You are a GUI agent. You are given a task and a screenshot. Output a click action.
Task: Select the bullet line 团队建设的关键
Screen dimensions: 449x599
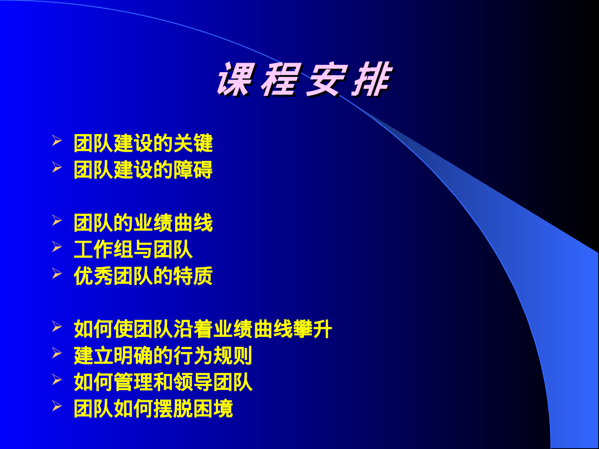tap(143, 143)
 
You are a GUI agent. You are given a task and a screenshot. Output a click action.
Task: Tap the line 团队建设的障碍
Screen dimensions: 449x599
tap(143, 170)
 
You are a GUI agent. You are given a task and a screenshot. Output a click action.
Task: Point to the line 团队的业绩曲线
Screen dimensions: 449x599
tap(143, 223)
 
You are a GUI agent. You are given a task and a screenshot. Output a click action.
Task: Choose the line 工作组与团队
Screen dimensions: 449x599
tap(133, 249)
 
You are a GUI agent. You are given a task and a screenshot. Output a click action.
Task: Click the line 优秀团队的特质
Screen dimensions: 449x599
tap(143, 276)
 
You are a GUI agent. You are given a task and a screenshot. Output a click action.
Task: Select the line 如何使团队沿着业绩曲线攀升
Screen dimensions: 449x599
tap(203, 329)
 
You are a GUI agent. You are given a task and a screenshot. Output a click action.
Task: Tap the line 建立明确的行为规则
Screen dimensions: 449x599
tap(163, 356)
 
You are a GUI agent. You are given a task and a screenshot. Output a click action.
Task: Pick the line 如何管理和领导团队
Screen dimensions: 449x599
tap(163, 382)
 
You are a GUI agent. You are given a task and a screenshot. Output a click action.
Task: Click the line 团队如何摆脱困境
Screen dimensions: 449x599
tap(153, 408)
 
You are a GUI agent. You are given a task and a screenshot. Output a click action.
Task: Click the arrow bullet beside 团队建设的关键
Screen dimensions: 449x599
tap(57, 140)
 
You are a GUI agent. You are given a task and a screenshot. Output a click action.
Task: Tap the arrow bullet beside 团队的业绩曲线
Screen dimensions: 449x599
tap(57, 220)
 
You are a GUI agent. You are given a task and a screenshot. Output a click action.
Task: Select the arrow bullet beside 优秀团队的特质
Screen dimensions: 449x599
tap(57, 273)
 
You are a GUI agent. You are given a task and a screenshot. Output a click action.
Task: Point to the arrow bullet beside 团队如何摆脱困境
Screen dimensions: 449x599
tap(57, 406)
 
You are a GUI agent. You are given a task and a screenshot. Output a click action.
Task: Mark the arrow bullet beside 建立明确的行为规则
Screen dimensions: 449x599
tap(57, 353)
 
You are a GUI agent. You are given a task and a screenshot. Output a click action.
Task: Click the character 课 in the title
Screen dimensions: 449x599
tap(236, 80)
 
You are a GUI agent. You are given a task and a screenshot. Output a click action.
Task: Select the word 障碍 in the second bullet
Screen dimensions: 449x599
tap(193, 170)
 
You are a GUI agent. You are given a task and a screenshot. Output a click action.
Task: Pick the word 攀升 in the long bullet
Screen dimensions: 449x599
tap(313, 329)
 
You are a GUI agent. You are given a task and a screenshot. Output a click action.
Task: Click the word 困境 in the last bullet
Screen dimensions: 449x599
tap(213, 408)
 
